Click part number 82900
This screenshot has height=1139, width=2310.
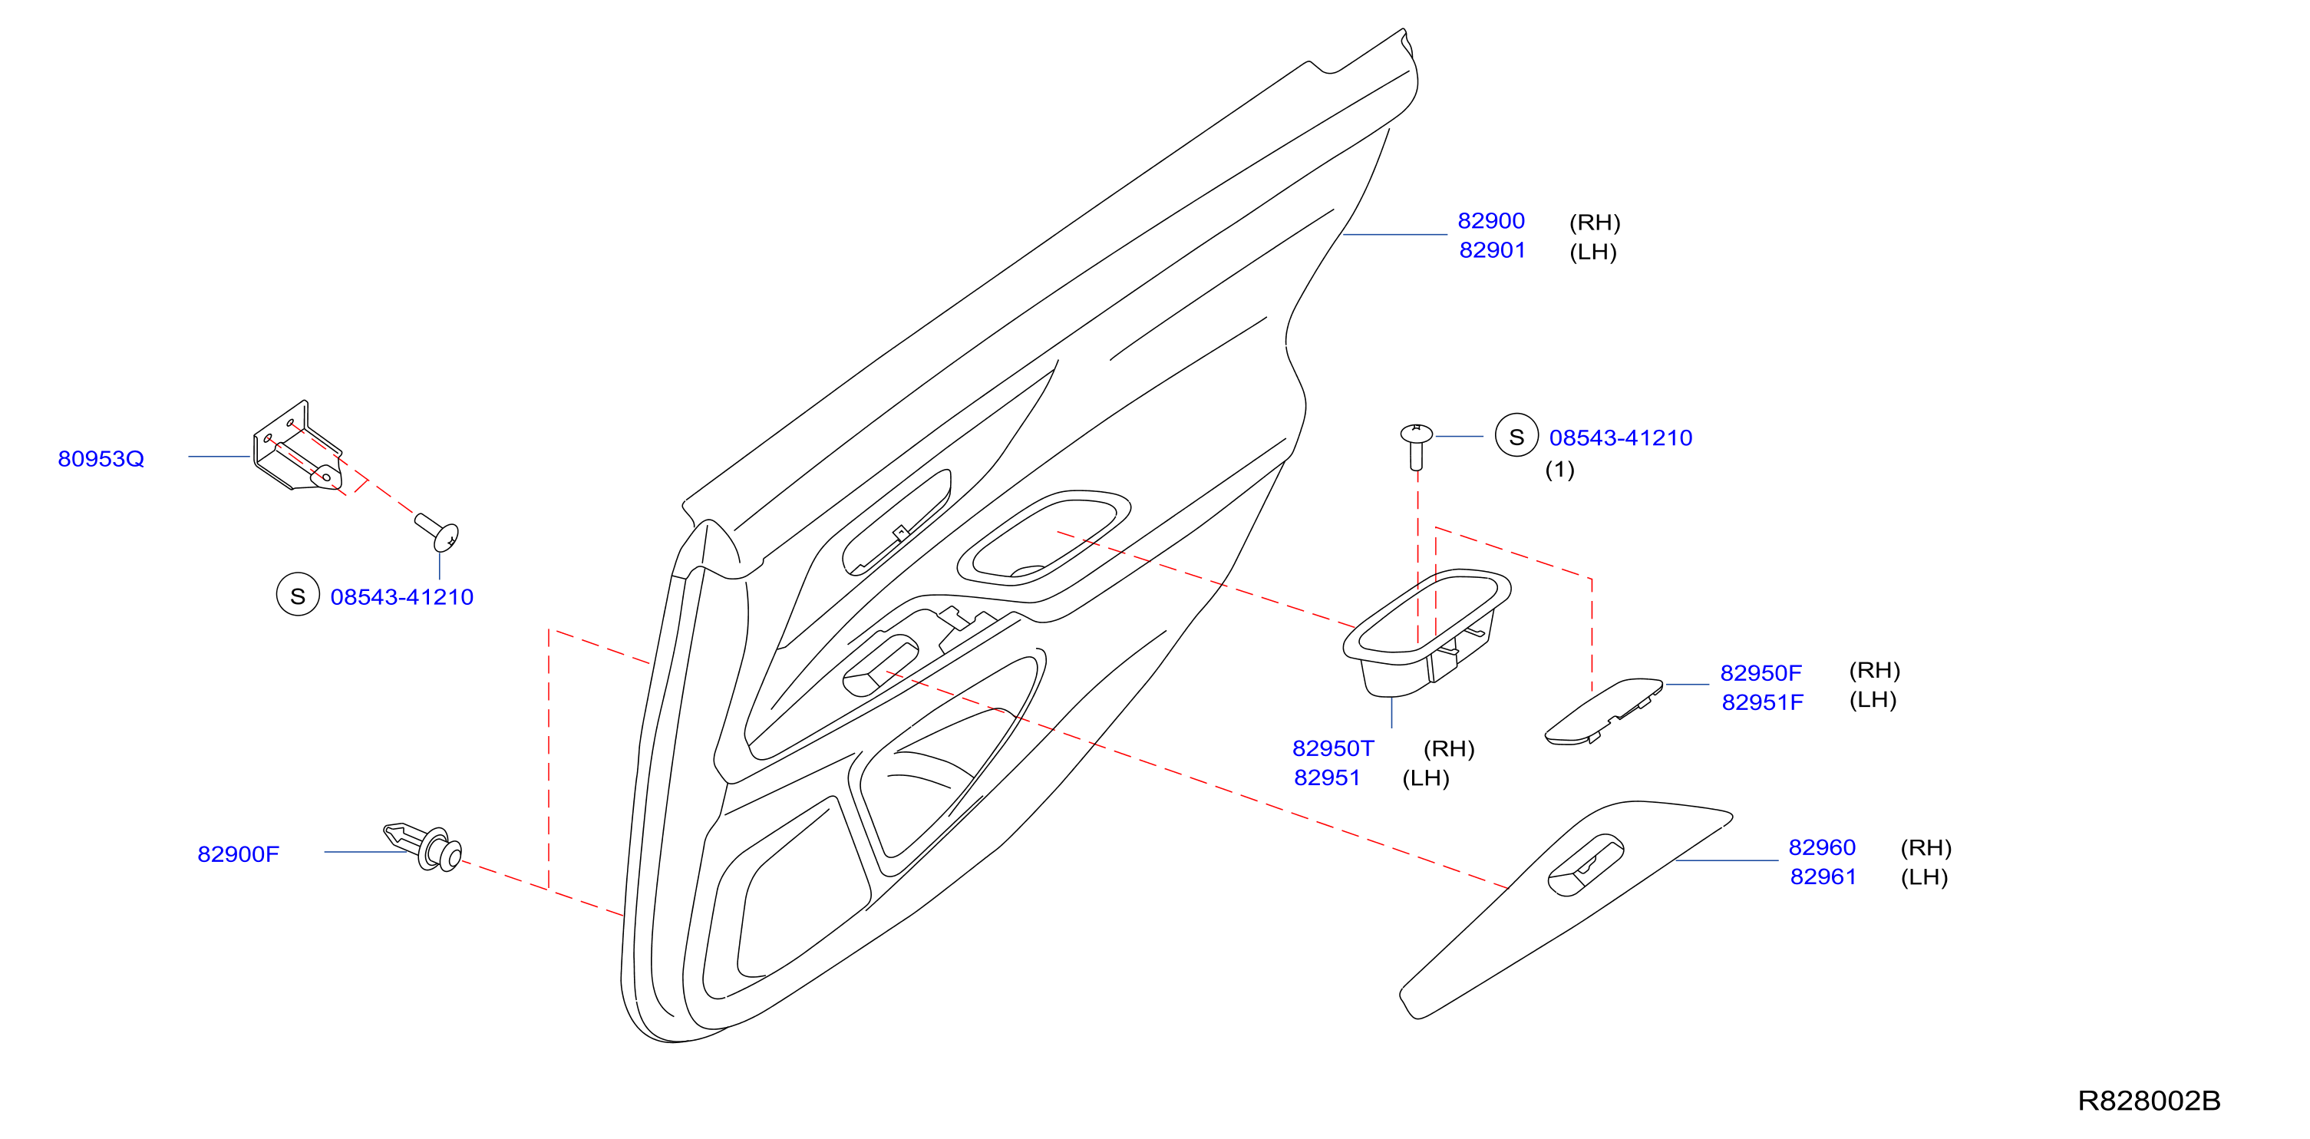pyautogui.click(x=1490, y=220)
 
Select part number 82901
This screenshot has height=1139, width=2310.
pyautogui.click(x=1492, y=250)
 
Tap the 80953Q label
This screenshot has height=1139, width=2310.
pyautogui.click(x=101, y=459)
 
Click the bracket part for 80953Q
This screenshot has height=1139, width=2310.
pyautogui.click(x=297, y=447)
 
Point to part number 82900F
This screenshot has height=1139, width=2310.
pyautogui.click(x=238, y=853)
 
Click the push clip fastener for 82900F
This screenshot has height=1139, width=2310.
pyautogui.click(x=424, y=846)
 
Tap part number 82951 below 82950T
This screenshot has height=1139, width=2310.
pyautogui.click(x=1326, y=777)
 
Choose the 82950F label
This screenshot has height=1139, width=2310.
pyautogui.click(x=1761, y=672)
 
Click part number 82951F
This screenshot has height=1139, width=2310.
pyautogui.click(x=1762, y=702)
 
